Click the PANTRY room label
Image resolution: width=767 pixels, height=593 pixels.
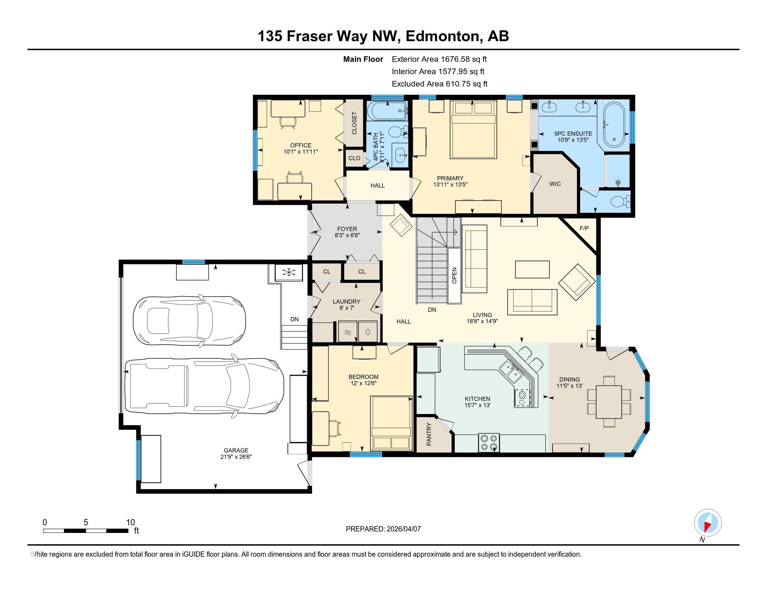coord(429,434)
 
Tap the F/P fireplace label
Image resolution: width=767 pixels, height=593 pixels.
coord(584,228)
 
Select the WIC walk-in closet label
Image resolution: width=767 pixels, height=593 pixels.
coord(555,184)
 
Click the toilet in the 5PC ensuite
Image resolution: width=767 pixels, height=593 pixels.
coord(621,202)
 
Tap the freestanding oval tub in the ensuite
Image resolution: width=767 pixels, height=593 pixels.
coord(614,125)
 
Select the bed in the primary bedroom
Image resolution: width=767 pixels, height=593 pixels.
coord(473,130)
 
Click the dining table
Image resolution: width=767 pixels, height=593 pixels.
coord(609,401)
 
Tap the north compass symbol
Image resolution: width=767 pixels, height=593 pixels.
coord(708,523)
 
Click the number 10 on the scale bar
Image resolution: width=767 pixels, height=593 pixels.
coord(130,523)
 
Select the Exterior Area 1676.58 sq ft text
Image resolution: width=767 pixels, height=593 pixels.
coord(439,59)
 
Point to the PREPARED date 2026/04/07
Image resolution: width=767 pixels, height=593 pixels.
coord(403,529)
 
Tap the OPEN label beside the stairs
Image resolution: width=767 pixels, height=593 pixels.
coord(454,276)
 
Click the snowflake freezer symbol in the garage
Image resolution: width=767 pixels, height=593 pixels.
coord(288,272)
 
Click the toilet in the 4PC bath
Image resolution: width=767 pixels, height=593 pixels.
coord(398,132)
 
